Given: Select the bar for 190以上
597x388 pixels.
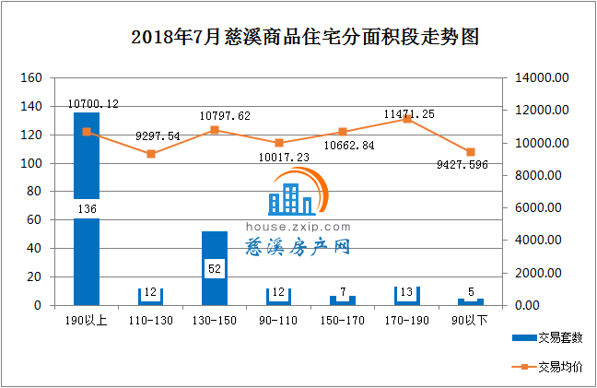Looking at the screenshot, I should [87, 258].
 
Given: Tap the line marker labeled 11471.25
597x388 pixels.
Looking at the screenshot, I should [407, 119].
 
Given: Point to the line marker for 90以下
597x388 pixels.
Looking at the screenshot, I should [471, 152].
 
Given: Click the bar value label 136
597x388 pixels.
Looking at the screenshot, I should [87, 209].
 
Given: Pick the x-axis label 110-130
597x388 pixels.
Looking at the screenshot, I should [151, 320].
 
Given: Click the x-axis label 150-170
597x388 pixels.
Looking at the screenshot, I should [343, 320].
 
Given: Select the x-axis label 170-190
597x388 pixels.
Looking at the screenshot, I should [407, 320].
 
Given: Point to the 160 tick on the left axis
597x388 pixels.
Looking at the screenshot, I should [30, 78].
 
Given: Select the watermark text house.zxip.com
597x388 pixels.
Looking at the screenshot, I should [298, 226].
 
